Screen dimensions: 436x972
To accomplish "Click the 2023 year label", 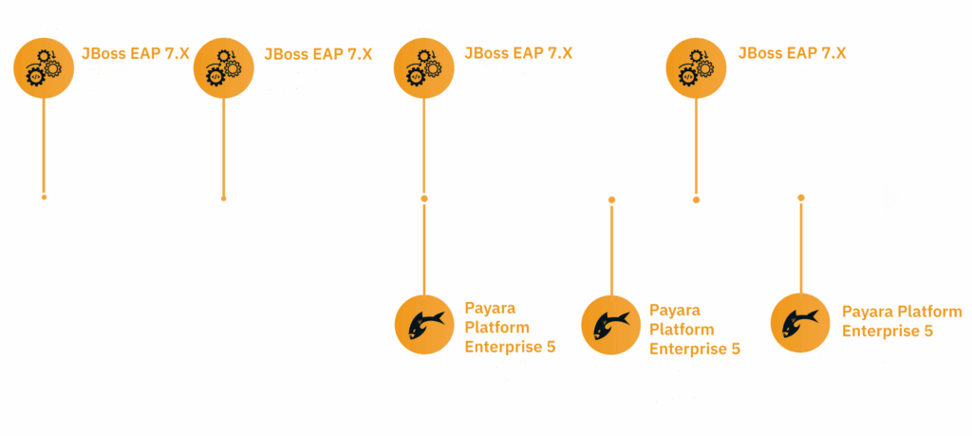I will [x=44, y=30].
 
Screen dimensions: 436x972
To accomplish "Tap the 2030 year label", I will [x=697, y=30].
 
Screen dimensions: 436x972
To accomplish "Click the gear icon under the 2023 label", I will [x=44, y=67].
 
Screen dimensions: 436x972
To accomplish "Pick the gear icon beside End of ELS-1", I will [x=424, y=67].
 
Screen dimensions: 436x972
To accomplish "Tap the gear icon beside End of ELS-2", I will [x=697, y=67].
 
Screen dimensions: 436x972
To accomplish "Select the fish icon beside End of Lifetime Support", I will [x=799, y=323].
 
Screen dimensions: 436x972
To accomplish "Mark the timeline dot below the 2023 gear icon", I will [x=44, y=198].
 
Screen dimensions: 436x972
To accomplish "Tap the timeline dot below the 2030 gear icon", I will [x=697, y=199].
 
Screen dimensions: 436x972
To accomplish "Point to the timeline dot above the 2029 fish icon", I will [x=611, y=199].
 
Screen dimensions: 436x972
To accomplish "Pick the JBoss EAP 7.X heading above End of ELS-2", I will [x=792, y=52].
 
